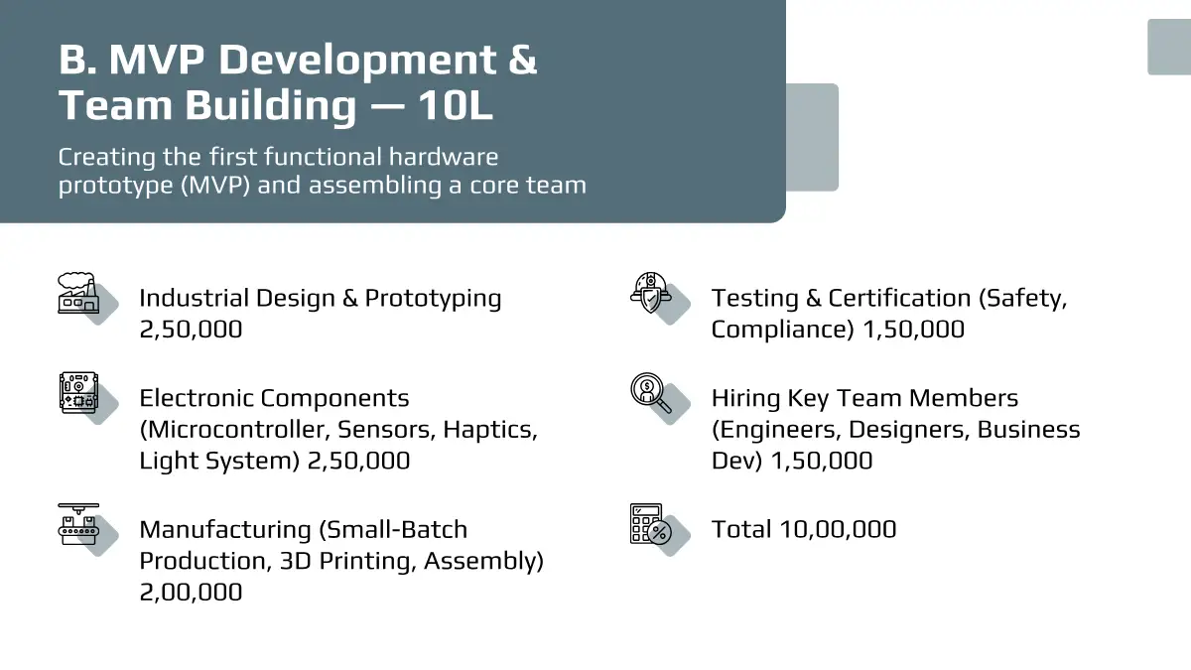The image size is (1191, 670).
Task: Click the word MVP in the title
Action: click(157, 60)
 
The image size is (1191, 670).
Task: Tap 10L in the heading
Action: click(456, 105)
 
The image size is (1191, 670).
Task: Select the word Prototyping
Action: click(433, 299)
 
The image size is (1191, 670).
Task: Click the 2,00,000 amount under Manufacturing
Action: click(191, 593)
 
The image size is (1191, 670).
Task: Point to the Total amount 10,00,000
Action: click(838, 530)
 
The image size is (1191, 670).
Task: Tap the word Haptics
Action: click(490, 430)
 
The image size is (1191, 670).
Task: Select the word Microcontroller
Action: click(234, 430)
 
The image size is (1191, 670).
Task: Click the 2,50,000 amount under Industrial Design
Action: click(191, 330)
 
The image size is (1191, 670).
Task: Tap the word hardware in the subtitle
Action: click(444, 157)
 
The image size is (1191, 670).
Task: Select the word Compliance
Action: click(783, 330)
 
